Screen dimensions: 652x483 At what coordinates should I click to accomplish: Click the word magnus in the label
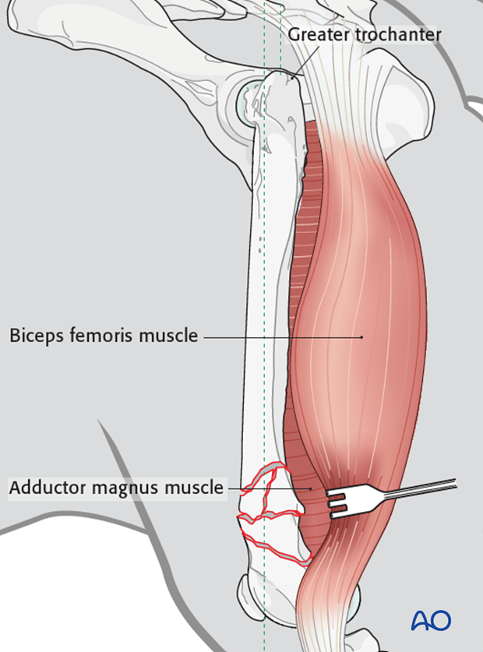coord(125,488)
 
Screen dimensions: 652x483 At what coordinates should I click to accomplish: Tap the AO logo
coord(431,620)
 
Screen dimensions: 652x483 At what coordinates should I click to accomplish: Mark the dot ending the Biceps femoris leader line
coord(362,337)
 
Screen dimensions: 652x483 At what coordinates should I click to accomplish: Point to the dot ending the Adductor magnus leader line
coord(311,488)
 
